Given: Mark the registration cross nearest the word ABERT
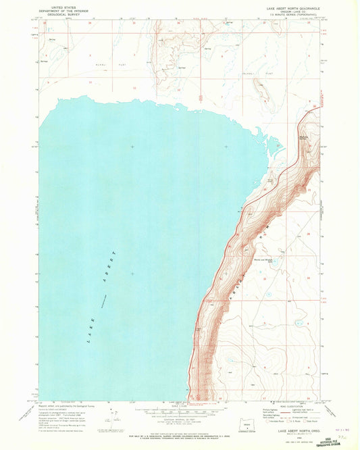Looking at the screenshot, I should (132, 274).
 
